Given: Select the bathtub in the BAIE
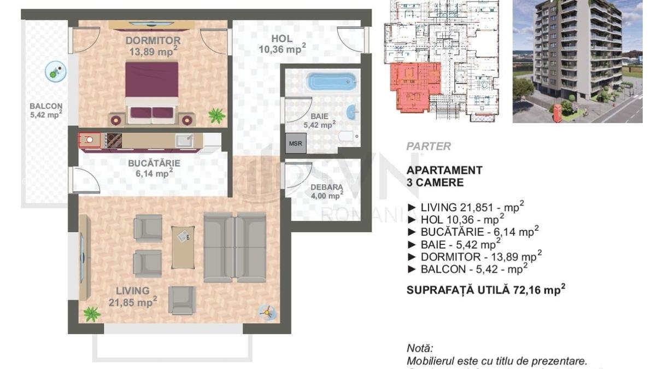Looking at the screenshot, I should (332, 82).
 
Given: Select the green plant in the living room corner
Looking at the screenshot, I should (91, 314).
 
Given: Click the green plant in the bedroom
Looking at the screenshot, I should (216, 115).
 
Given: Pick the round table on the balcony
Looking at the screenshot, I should (55, 71).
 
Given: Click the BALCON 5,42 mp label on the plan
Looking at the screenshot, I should (46, 110).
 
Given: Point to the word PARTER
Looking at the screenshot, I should (429, 147).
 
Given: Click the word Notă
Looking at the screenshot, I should (419, 348).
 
